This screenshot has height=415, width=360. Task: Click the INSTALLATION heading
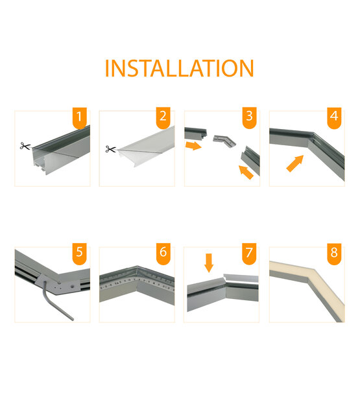click(179, 69)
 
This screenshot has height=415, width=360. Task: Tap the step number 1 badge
click(79, 118)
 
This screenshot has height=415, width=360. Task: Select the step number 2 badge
click(163, 118)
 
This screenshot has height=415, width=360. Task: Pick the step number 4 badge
click(334, 118)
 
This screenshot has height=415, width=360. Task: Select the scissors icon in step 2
click(110, 150)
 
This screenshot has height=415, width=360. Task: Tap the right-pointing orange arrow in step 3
click(193, 146)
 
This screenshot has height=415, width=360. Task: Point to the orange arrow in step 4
click(294, 163)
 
